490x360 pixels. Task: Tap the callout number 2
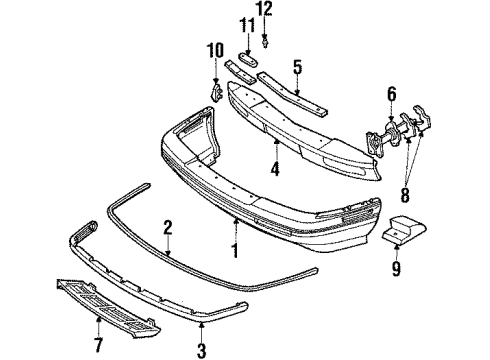click(169, 229)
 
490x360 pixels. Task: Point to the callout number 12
click(265, 10)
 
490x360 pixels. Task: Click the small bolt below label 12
click(266, 43)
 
